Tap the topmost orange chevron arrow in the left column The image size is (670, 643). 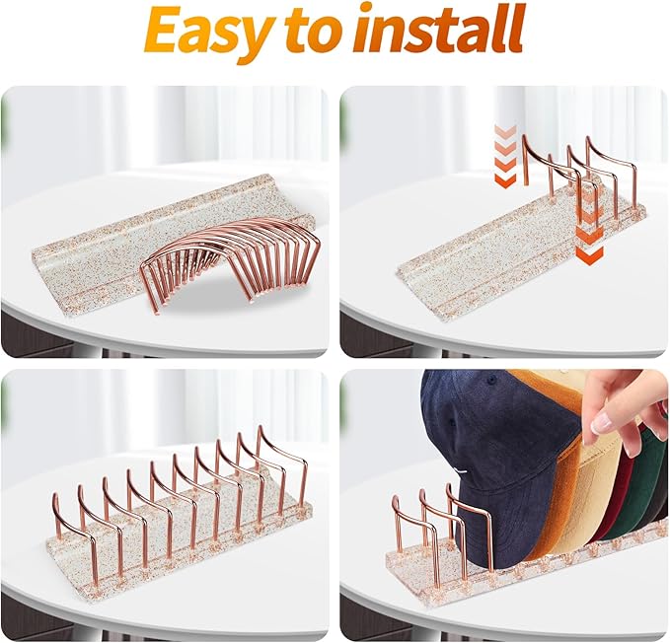click(x=505, y=130)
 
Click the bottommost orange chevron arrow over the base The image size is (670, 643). click(x=589, y=254)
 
